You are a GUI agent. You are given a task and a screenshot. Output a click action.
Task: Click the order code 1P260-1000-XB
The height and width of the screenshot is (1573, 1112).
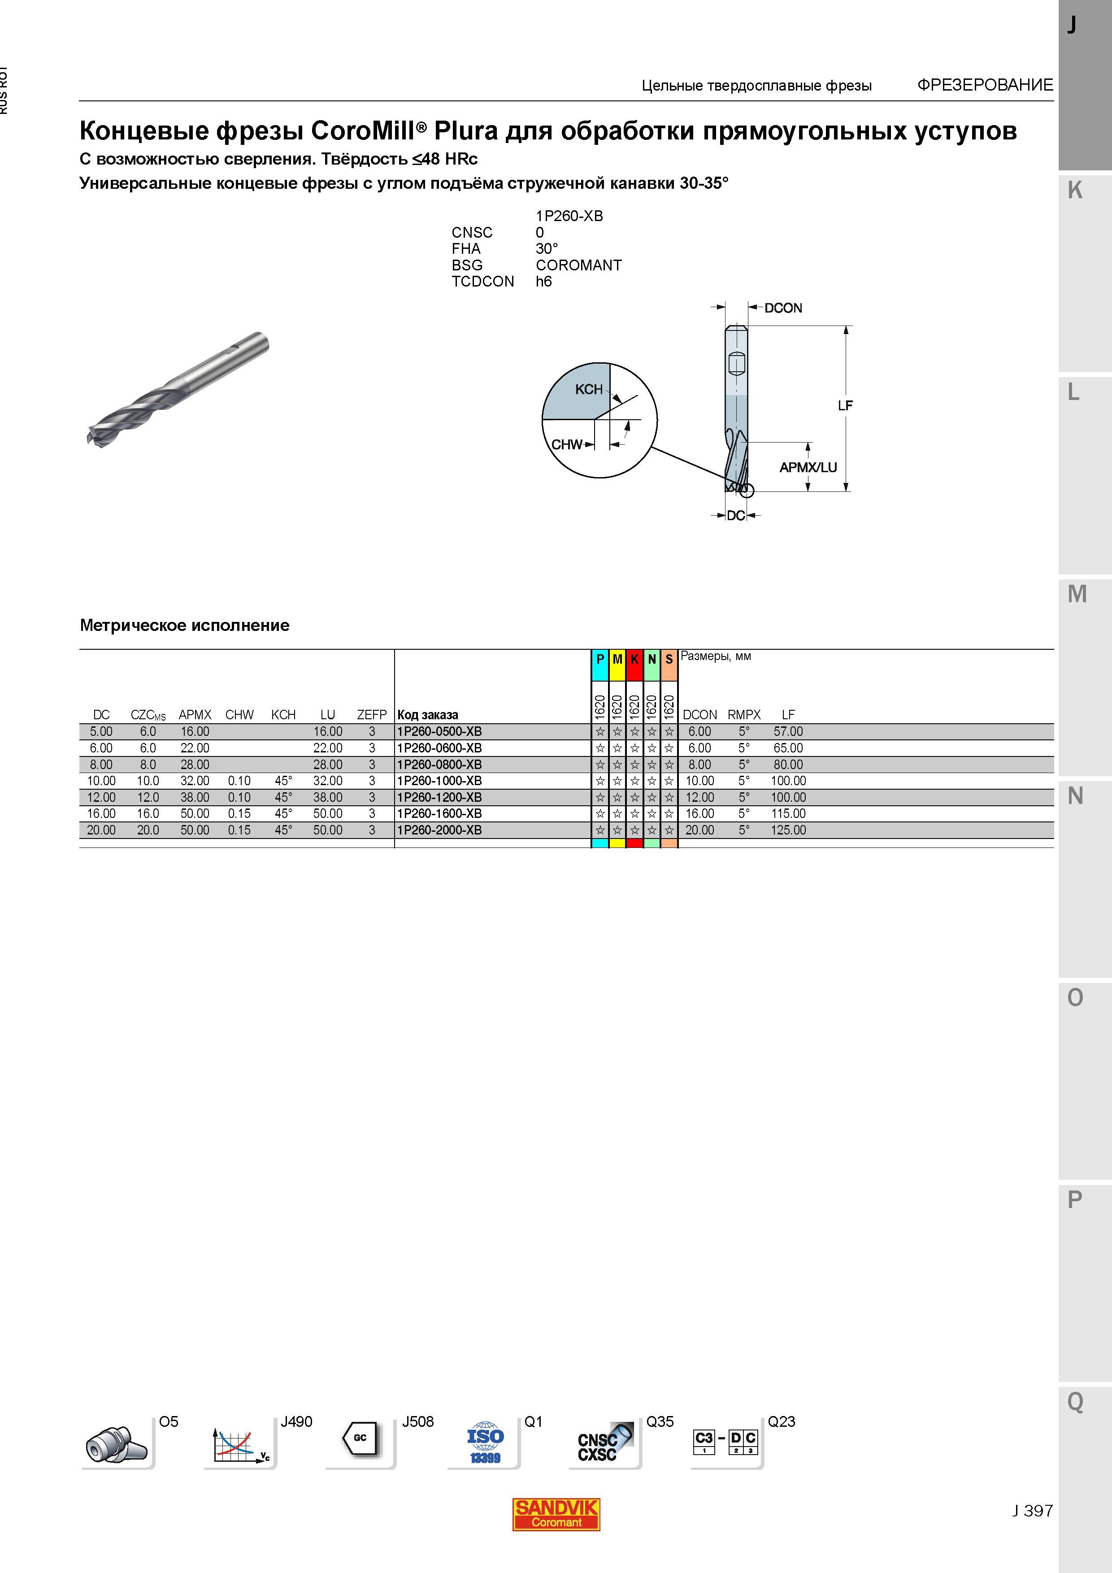click(439, 780)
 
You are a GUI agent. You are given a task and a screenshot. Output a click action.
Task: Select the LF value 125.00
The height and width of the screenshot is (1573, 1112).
click(788, 830)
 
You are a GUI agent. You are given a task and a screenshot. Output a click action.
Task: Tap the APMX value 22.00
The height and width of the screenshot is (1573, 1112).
click(195, 748)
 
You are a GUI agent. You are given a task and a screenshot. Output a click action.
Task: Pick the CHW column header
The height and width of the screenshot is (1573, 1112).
click(239, 715)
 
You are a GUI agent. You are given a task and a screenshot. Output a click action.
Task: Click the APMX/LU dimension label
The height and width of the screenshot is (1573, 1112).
click(808, 467)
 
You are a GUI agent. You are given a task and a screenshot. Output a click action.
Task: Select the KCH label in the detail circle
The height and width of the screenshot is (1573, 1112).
click(589, 389)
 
